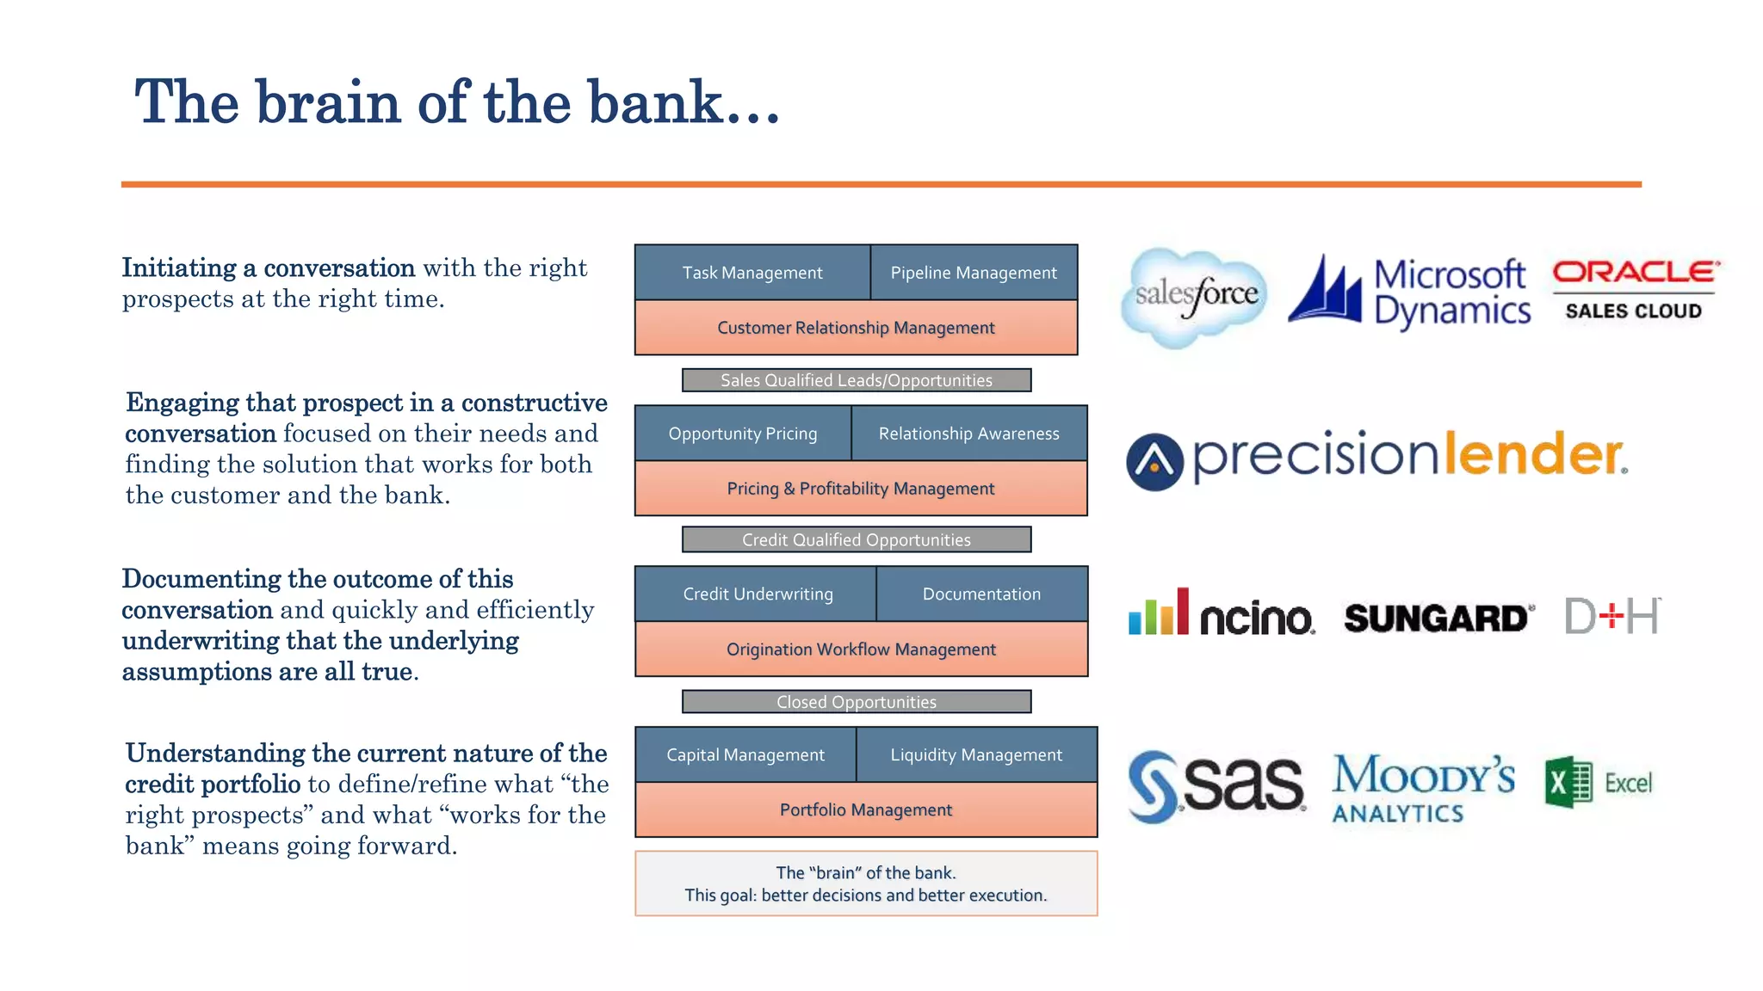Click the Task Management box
(752, 273)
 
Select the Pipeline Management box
(974, 273)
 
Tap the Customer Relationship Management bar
(856, 328)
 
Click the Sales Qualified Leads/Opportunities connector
(856, 380)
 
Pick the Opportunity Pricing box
(743, 434)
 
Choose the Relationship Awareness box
(968, 434)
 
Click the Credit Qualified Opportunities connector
(856, 539)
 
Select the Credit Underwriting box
(757, 594)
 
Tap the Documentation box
(981, 594)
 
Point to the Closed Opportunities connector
(856, 702)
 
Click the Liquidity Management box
(976, 754)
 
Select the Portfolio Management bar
(865, 809)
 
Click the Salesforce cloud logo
(1195, 298)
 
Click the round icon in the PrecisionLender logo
(1154, 462)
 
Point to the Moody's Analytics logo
(1422, 788)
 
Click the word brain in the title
(328, 103)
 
